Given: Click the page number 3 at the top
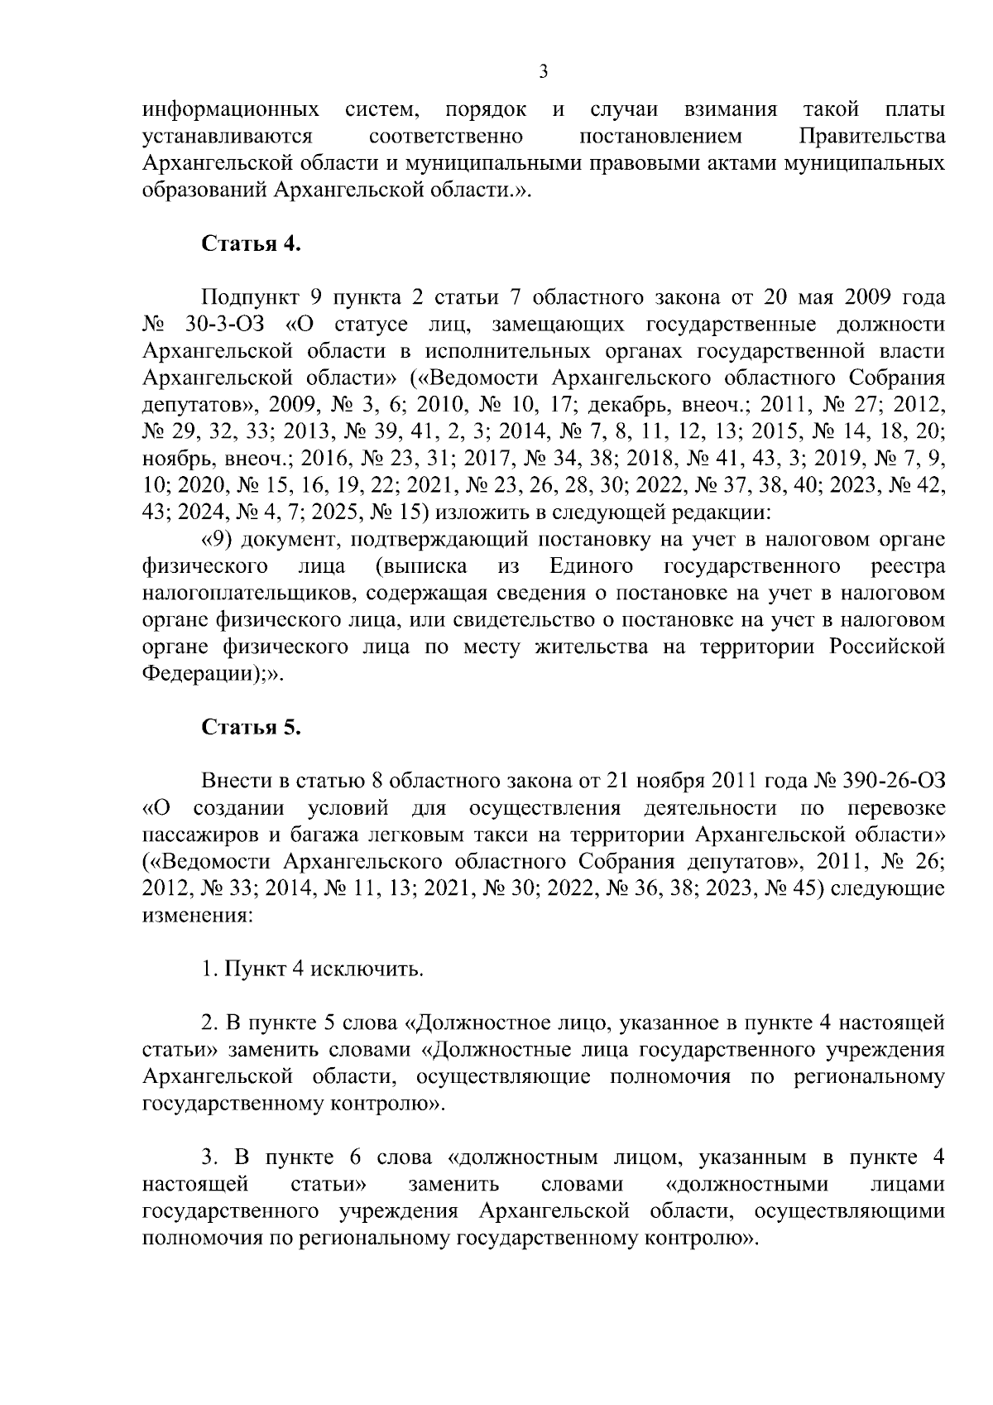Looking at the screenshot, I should [543, 72].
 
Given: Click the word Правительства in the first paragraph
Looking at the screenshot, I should [871, 136].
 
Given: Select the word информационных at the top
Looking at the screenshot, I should [232, 109].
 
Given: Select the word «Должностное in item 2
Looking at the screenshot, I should [473, 1023].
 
